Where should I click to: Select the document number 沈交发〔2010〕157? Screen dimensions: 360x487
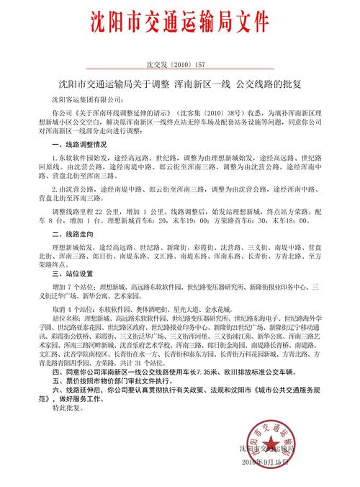click(181, 63)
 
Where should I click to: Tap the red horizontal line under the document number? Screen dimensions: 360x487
click(180, 72)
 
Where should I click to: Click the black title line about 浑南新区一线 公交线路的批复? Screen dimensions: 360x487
click(180, 84)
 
